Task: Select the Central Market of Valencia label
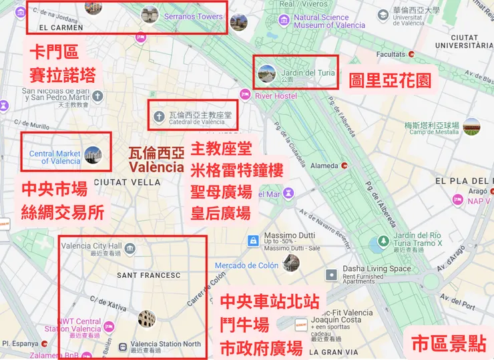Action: tap(55, 157)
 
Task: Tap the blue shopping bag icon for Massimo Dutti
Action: tap(253, 240)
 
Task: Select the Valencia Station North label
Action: tap(165, 344)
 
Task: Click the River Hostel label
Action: tap(276, 96)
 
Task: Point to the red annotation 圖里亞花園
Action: tap(390, 81)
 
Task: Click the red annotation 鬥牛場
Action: tap(244, 325)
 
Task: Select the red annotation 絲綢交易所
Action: tap(63, 212)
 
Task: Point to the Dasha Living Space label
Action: tap(377, 268)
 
